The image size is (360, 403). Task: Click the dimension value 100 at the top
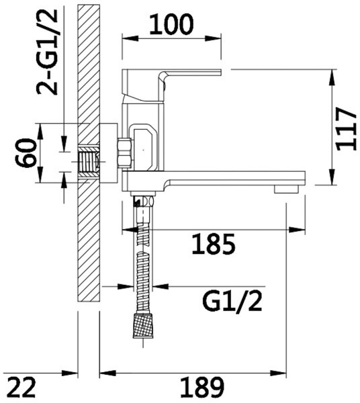171,24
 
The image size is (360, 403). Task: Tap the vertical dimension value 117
347,129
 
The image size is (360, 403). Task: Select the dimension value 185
214,244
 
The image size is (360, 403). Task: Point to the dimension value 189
201,388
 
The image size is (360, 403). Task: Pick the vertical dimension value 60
25,152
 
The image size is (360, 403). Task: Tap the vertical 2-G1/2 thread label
47,52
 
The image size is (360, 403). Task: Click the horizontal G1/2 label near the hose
232,302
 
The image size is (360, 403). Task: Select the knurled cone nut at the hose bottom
144,325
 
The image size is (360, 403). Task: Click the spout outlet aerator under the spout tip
286,189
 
